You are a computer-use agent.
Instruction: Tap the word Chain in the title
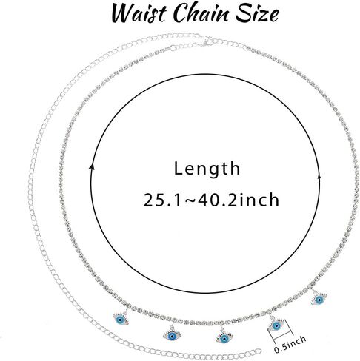[x=200, y=13]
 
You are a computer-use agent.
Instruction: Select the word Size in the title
[x=257, y=13]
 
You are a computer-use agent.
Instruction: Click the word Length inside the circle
[x=207, y=169]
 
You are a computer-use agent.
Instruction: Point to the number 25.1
[x=161, y=200]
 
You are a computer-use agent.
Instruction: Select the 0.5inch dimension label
[x=290, y=344]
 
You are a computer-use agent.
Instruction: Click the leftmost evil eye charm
[x=121, y=319]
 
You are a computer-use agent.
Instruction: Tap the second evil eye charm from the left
[x=172, y=335]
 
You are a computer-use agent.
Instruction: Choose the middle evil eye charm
[x=224, y=337]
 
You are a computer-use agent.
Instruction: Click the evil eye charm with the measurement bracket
[x=276, y=325]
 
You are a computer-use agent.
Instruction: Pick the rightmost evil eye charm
[x=319, y=300]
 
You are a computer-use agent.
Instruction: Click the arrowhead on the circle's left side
[x=93, y=167]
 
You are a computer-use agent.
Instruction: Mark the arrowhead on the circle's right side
[x=319, y=176]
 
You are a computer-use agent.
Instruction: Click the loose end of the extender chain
[x=259, y=351]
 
